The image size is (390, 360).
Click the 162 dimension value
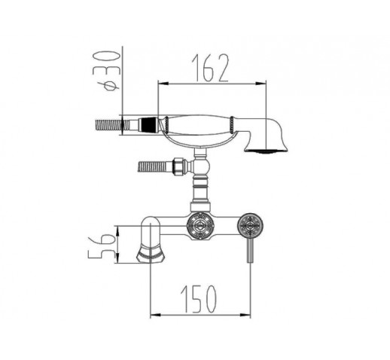pos(210,68)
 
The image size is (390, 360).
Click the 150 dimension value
pos(198,299)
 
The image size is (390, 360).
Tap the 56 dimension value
pos(100,246)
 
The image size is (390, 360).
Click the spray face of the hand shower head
pos(266,151)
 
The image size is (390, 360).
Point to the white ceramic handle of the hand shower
pos(198,124)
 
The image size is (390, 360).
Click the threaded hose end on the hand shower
pos(108,125)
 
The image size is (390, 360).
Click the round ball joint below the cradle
pos(202,166)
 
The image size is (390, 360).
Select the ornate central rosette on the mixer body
pos(200,225)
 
